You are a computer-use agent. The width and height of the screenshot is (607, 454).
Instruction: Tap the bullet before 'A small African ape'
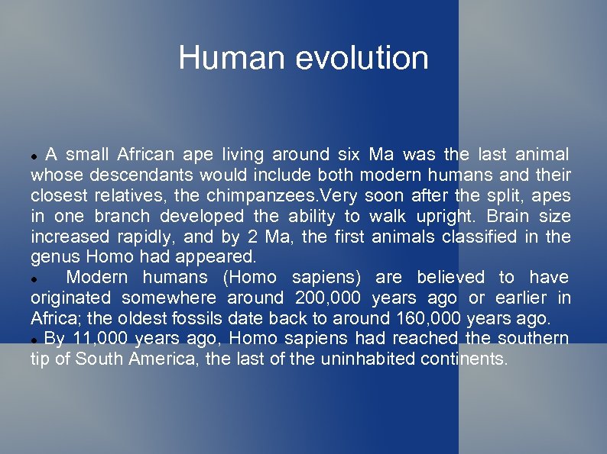tap(35, 156)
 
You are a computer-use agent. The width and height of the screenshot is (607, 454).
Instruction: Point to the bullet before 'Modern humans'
tap(35, 278)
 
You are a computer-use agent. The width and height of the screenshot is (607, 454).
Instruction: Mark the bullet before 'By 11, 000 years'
tap(35, 339)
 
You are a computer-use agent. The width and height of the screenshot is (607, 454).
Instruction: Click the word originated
tap(71, 298)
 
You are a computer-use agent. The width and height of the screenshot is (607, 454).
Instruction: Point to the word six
tap(348, 155)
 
